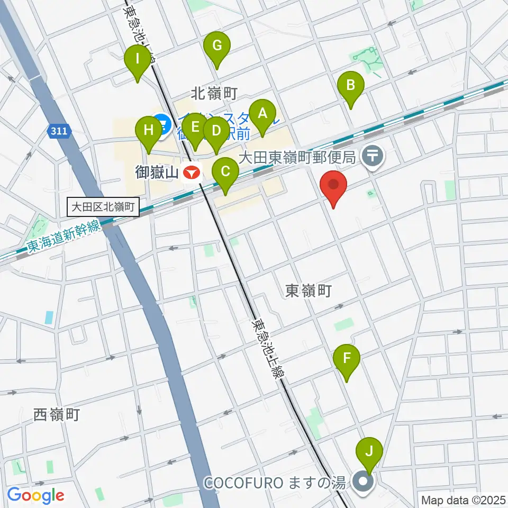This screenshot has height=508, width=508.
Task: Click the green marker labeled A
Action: [x=262, y=113]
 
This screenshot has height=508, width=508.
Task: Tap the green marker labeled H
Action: [x=149, y=130]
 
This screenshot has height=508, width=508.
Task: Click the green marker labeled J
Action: [x=369, y=452]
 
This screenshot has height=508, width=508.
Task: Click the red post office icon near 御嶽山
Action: [x=192, y=172]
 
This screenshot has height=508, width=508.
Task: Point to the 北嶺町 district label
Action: [x=214, y=94]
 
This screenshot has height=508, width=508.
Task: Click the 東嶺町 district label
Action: [x=308, y=291]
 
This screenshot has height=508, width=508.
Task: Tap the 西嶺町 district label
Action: [x=57, y=415]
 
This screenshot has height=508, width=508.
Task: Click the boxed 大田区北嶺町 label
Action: [x=104, y=207]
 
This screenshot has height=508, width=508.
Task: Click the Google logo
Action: [x=35, y=496]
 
